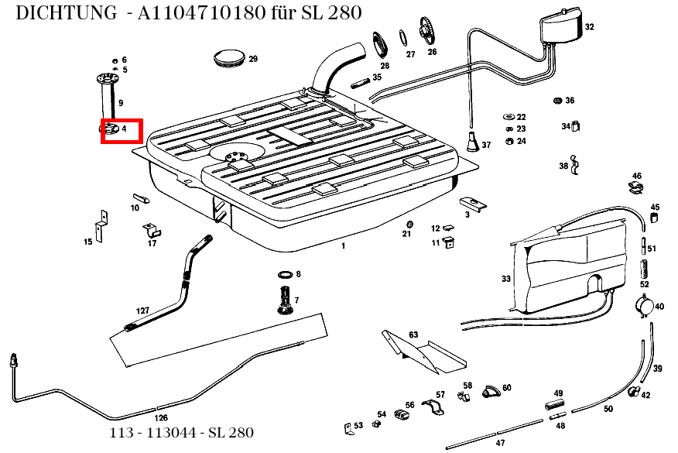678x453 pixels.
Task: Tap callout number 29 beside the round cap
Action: pos(253,60)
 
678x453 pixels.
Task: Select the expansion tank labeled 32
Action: pos(560,29)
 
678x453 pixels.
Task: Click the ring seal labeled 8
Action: pos(284,275)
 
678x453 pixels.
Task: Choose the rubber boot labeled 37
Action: pos(472,142)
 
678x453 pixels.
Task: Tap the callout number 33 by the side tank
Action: pos(505,279)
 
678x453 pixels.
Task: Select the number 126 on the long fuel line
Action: pos(161,417)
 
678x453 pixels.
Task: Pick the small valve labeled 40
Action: pos(644,307)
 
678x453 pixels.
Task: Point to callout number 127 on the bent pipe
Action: pos(142,310)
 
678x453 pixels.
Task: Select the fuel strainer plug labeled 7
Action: pos(285,300)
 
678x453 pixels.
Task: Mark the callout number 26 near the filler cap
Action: pos(432,53)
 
